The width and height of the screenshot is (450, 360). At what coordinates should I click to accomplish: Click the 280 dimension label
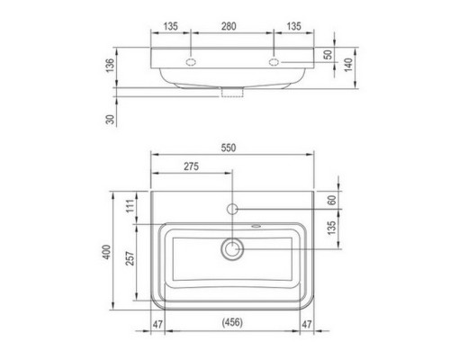(229, 26)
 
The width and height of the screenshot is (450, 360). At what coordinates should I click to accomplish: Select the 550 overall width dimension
(229, 148)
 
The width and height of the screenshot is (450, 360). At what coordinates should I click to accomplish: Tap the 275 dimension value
(191, 166)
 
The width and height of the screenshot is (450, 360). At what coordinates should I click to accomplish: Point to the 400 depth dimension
(107, 252)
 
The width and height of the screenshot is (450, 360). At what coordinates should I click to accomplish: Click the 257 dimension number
(130, 258)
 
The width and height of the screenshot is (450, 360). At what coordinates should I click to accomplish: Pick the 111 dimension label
(130, 206)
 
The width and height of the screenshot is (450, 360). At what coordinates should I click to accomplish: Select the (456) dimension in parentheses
(232, 322)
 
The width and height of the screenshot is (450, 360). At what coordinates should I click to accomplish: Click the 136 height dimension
(111, 65)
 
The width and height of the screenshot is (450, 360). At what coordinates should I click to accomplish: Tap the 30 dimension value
(111, 119)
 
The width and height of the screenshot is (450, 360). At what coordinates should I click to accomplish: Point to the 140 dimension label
(348, 65)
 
